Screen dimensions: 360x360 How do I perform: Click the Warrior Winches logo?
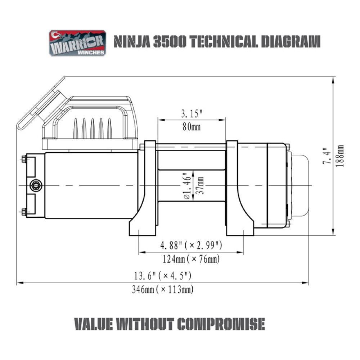(77, 43)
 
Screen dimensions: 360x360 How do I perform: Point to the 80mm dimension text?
(191, 127)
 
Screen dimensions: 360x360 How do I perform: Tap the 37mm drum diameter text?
(200, 185)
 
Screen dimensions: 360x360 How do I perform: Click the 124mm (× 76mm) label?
(191, 259)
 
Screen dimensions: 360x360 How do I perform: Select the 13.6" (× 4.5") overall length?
(162, 276)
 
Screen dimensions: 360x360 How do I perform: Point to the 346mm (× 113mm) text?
(162, 289)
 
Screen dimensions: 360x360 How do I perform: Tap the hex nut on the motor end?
(36, 185)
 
